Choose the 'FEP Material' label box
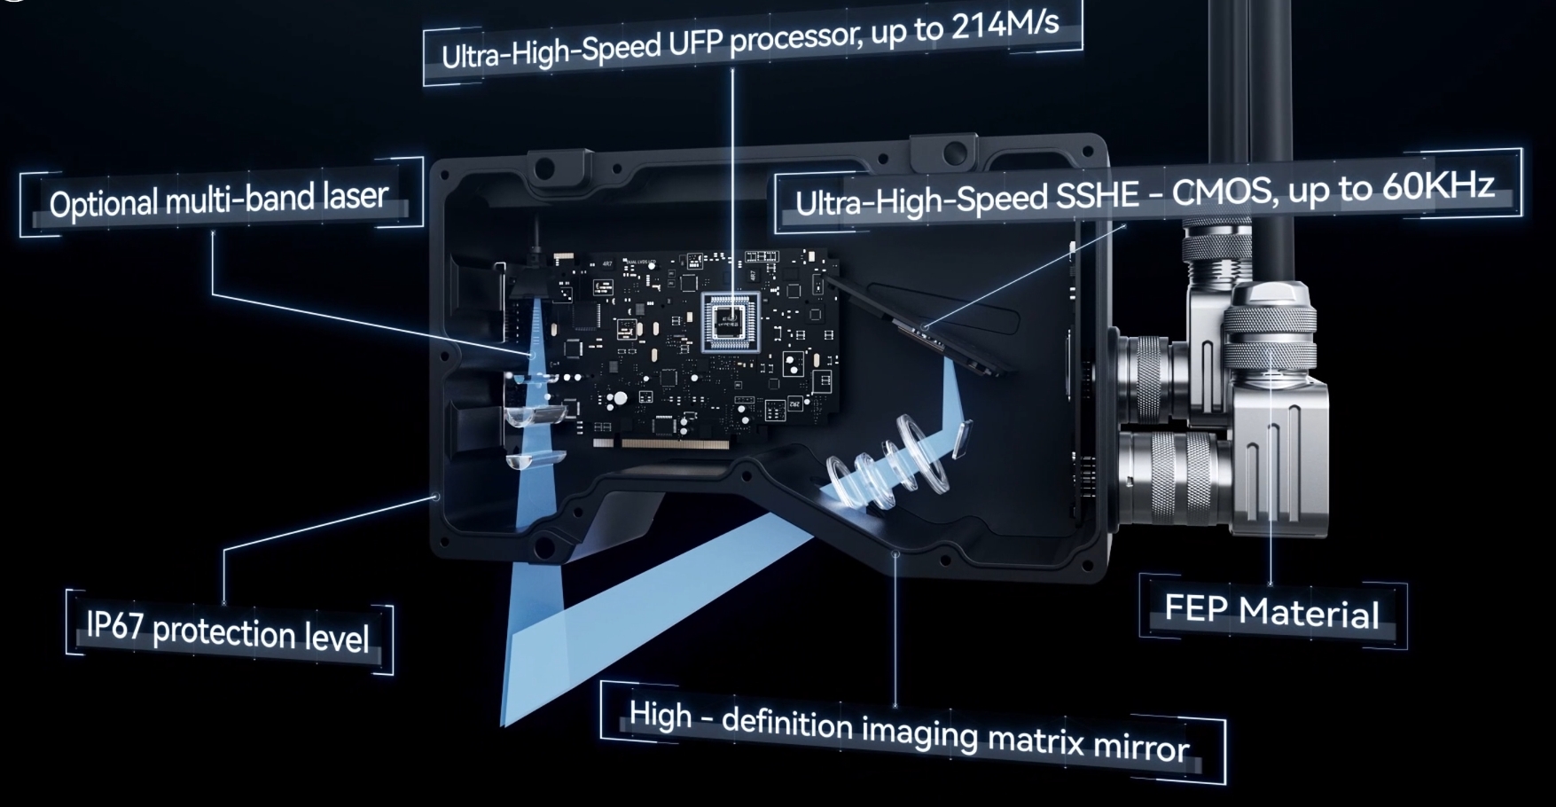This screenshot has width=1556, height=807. click(x=1273, y=612)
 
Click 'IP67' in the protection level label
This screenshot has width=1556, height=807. click(x=114, y=626)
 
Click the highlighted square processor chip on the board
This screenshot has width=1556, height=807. click(x=730, y=320)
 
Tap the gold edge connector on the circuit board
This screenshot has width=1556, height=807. click(x=677, y=442)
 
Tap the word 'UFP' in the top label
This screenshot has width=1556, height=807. click(x=695, y=44)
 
